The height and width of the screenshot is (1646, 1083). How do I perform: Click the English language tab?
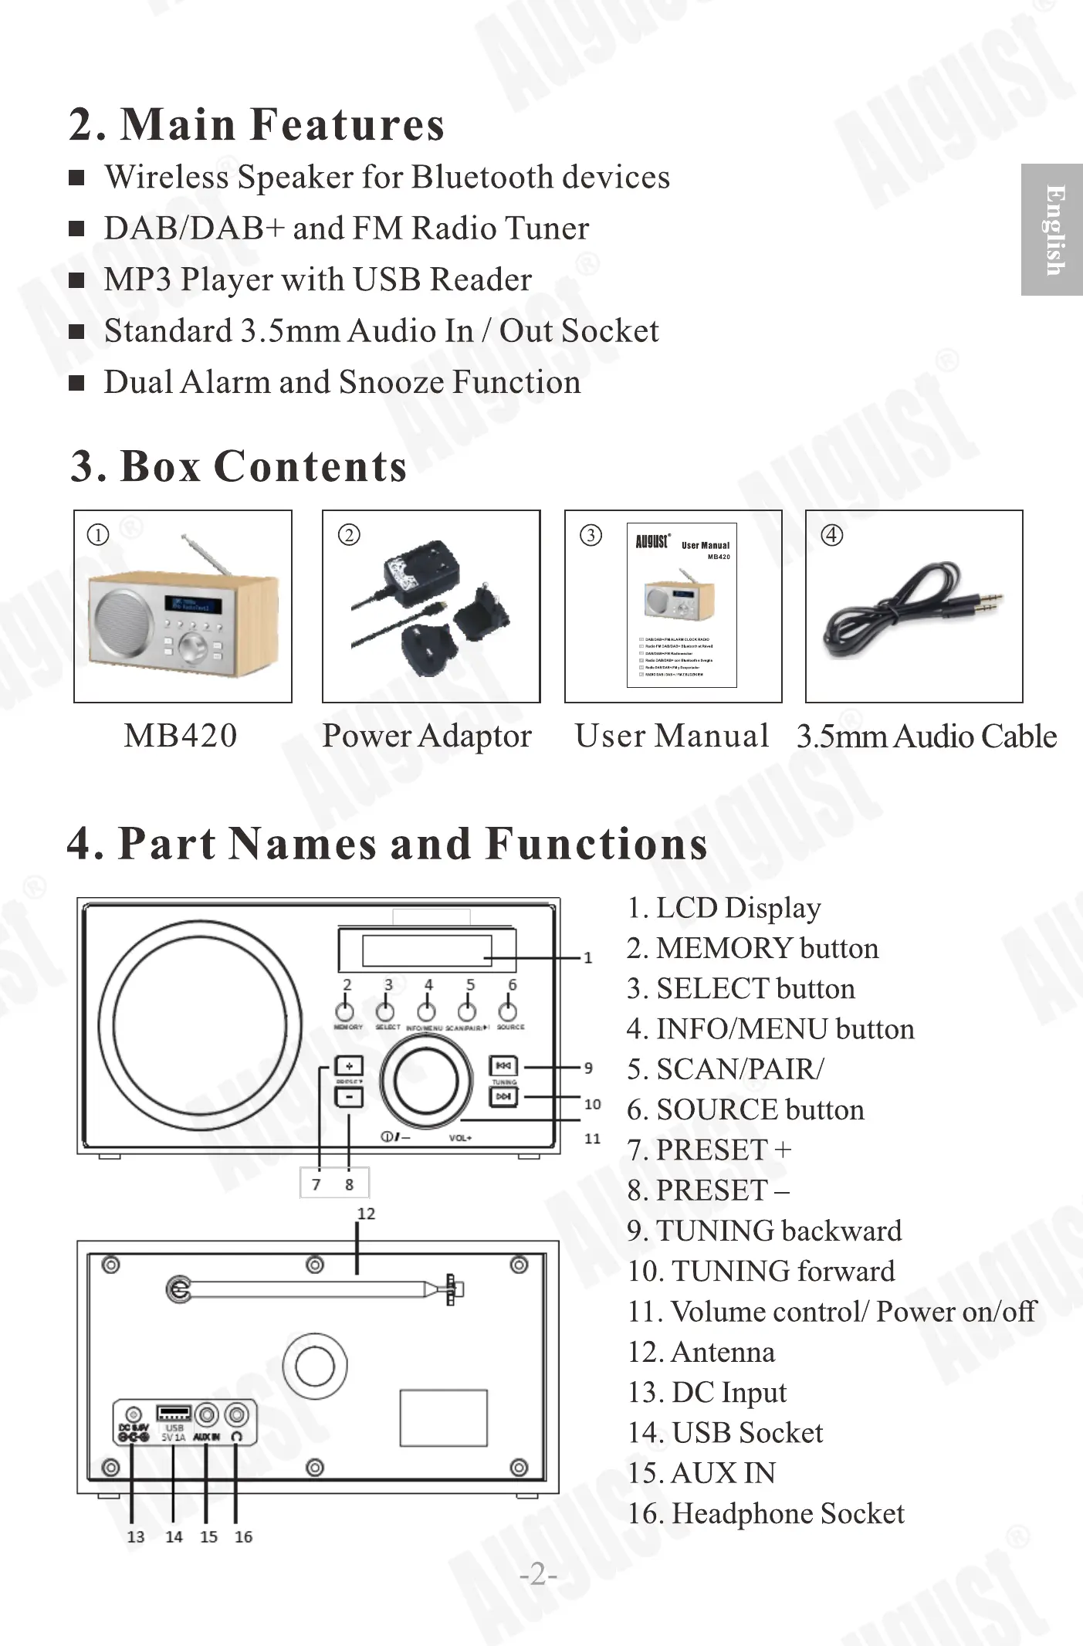[x=1052, y=229]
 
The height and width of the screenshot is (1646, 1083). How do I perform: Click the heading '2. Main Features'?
[x=257, y=124]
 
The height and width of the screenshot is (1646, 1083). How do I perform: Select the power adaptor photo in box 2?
[x=431, y=606]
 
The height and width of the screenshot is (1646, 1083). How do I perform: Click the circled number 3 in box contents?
[x=591, y=535]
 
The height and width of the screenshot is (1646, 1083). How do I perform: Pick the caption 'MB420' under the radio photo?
[x=181, y=736]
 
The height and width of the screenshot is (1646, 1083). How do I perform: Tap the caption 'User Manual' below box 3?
[x=672, y=736]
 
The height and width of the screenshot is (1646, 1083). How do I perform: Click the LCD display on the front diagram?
[x=427, y=950]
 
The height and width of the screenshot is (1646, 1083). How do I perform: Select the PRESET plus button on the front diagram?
[x=349, y=1066]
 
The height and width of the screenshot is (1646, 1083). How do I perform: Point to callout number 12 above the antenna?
[x=366, y=1213]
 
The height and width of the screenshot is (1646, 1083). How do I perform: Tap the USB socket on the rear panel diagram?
[x=174, y=1414]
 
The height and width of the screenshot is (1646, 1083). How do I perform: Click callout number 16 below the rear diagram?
[x=243, y=1536]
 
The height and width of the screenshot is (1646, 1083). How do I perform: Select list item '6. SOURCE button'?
[x=745, y=1109]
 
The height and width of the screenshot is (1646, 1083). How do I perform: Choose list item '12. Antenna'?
[x=701, y=1352]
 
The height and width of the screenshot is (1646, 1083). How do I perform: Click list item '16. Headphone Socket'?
[x=766, y=1513]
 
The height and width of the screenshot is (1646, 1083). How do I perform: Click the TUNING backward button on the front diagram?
[x=504, y=1066]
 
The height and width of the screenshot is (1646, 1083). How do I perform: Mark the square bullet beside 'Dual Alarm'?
[x=76, y=383]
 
